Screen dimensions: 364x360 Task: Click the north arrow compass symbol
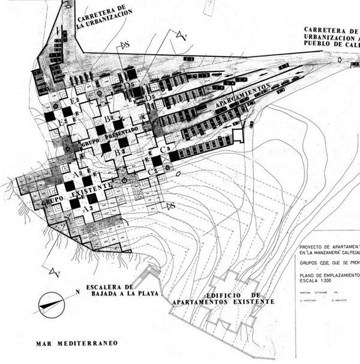pyautogui.click(x=53, y=303)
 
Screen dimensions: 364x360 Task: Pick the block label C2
pyautogui.click(x=152, y=172)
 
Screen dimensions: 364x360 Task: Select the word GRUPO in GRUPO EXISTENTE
pyautogui.click(x=53, y=203)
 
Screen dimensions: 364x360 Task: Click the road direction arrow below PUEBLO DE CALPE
pyautogui.click(x=340, y=61)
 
